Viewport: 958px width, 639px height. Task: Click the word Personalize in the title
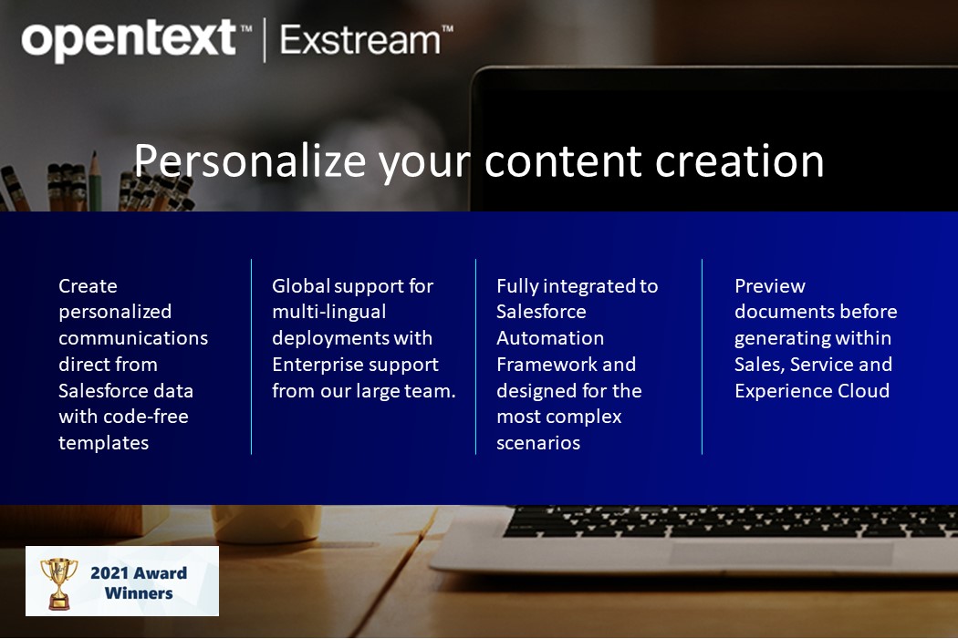tap(248, 160)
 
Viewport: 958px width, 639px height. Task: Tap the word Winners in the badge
tap(139, 593)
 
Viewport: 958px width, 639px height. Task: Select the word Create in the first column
tap(88, 286)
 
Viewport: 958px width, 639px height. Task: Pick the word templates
tap(103, 443)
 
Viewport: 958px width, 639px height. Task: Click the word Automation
tap(549, 338)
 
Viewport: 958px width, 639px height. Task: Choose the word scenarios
tap(538, 443)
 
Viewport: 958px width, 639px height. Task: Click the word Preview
tap(769, 286)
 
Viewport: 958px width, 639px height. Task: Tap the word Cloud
tap(862, 391)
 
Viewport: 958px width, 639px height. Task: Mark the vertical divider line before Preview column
tap(702, 356)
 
